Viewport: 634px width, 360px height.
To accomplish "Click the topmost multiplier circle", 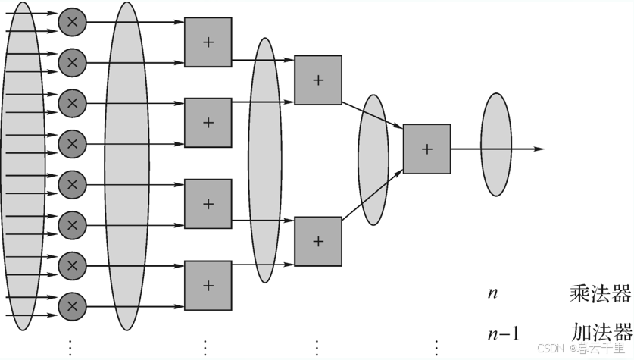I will [72, 23].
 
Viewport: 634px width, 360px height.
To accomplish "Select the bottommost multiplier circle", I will [72, 306].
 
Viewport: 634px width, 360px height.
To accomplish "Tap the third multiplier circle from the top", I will [72, 102].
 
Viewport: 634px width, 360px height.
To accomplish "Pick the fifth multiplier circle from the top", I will [72, 184].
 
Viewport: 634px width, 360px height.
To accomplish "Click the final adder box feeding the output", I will [426, 149].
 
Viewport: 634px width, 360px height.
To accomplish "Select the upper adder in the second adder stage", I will [318, 80].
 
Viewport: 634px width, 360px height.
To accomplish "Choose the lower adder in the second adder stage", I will [318, 241].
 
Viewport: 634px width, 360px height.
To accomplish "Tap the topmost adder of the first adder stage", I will [208, 42].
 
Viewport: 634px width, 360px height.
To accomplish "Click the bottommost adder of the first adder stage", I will [208, 286].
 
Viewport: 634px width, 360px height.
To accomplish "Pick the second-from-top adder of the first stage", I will [208, 123].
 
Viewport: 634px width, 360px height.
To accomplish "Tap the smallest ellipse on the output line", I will [496, 144].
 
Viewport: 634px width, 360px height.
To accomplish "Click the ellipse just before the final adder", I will [373, 160].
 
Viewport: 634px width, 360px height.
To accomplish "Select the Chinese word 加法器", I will [601, 332].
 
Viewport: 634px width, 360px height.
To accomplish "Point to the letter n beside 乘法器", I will [493, 293].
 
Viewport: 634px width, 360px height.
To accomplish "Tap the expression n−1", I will [504, 333].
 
